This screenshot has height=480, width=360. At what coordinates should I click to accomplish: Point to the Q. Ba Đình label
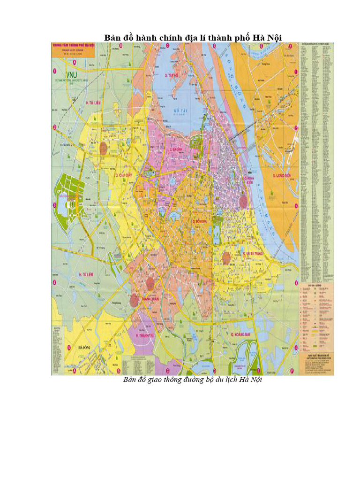point(172,150)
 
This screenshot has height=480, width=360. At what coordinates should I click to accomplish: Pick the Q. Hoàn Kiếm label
point(248,181)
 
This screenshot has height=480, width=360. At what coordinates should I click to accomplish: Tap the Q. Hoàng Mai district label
point(242,334)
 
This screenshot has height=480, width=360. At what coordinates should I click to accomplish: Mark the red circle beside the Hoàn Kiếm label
point(243,201)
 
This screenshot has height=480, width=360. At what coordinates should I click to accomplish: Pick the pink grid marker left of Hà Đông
point(68,347)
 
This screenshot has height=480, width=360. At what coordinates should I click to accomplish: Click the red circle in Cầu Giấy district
point(103,147)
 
